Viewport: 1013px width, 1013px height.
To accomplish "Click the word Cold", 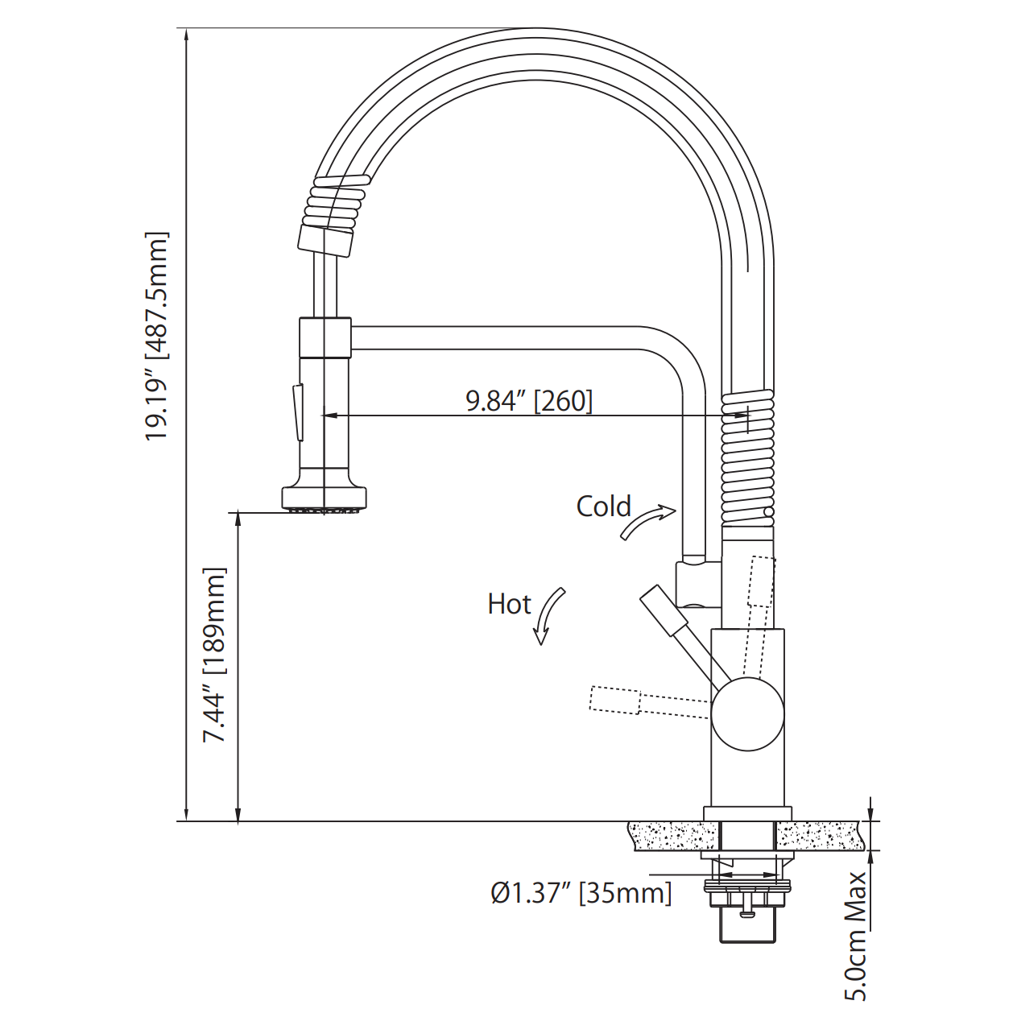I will (x=603, y=506).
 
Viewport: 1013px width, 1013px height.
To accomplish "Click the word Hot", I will (x=509, y=604).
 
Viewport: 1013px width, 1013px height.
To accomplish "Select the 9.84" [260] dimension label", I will (x=529, y=400).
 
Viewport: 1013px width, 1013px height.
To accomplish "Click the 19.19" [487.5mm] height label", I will (x=157, y=336).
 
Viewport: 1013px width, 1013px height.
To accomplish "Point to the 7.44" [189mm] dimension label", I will (x=214, y=655).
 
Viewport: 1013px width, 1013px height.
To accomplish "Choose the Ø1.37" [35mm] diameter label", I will (x=581, y=892).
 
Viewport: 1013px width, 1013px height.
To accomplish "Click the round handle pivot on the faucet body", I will (x=747, y=714).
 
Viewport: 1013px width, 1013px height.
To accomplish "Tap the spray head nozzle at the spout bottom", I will (x=325, y=499).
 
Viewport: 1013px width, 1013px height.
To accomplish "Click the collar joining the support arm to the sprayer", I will (x=325, y=337).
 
